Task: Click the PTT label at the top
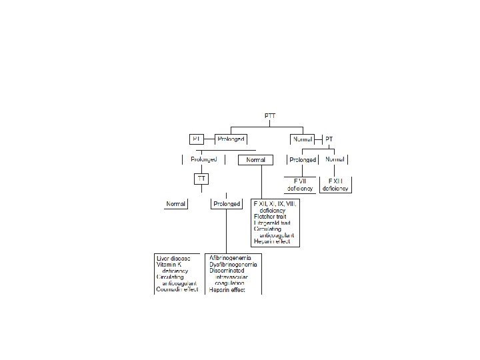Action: click(x=269, y=116)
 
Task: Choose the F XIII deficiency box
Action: click(x=335, y=185)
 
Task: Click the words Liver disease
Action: click(x=173, y=258)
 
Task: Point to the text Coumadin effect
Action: click(x=177, y=290)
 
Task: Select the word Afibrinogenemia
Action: click(x=234, y=258)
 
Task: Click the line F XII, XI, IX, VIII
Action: click(x=275, y=203)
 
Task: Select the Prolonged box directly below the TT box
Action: click(x=226, y=203)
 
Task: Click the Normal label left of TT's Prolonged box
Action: click(x=177, y=203)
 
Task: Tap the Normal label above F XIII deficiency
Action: click(x=334, y=160)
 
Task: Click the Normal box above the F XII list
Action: click(x=256, y=160)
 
